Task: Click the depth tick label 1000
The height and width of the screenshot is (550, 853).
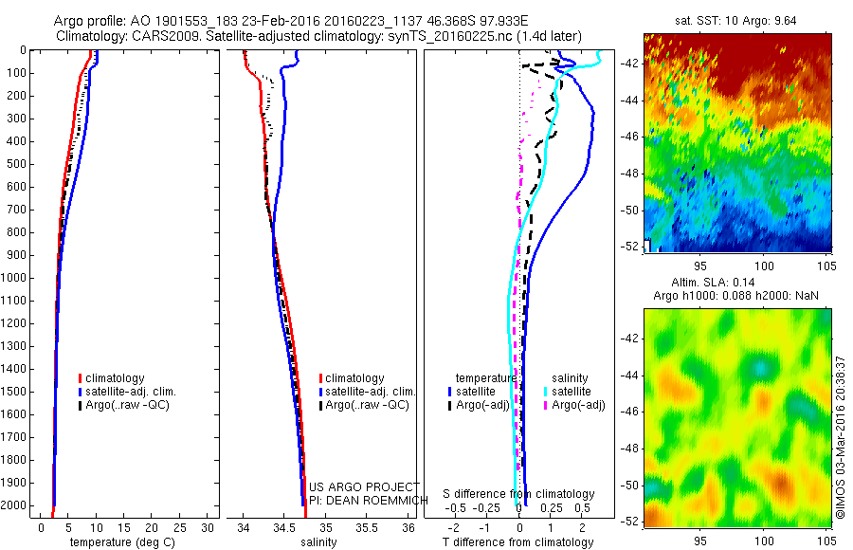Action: coord(16,278)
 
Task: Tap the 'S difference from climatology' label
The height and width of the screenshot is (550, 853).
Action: coord(519,494)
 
